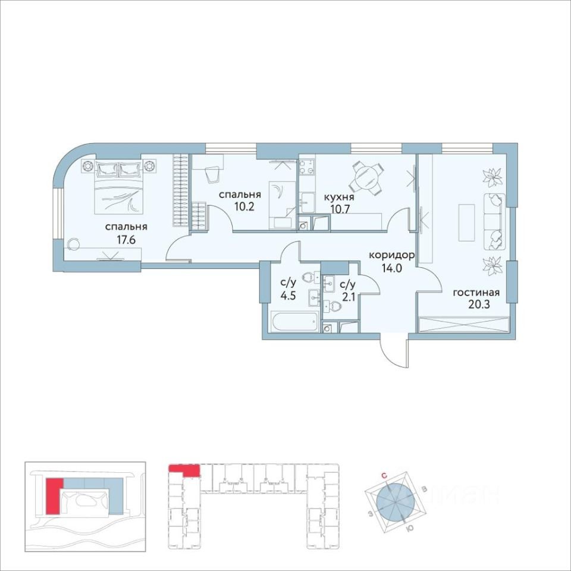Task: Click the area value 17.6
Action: pos(126,241)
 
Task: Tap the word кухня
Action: pos(339,197)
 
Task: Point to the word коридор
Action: pos(391,255)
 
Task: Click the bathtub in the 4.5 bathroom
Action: pos(294,321)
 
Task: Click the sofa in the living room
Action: pos(494,221)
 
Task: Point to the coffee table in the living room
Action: pos(466,222)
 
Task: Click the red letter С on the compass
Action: pos(384,475)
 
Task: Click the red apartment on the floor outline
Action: pos(184,469)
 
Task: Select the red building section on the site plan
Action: pos(53,496)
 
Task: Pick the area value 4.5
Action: pos(288,296)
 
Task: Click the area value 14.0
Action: pos(391,268)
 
